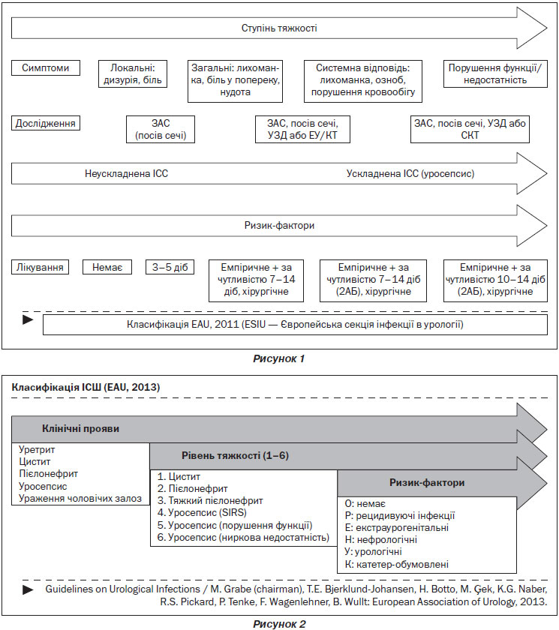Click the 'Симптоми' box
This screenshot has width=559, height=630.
tap(46, 68)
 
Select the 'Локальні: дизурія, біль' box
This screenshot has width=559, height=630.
tap(133, 74)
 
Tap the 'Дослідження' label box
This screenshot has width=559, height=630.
tap(46, 123)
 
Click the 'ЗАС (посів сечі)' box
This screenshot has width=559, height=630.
tap(161, 129)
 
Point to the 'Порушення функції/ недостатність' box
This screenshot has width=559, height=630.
tap(495, 74)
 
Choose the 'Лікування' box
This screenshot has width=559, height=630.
tap(40, 267)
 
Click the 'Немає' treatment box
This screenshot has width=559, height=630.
tap(107, 267)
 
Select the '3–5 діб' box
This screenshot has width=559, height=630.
tap(170, 267)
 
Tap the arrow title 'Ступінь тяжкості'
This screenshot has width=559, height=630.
tap(279, 28)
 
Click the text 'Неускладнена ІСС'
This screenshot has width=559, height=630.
tap(126, 173)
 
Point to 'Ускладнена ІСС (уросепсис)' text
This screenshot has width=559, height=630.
tap(410, 173)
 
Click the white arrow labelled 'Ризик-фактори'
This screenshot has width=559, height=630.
tap(279, 226)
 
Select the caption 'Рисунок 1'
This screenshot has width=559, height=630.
tap(279, 358)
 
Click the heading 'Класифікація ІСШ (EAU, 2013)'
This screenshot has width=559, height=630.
tap(86, 387)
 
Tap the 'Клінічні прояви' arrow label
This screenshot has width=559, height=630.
tap(80, 429)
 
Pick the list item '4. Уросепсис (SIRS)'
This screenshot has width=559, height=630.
tap(202, 513)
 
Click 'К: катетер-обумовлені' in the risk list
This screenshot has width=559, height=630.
tap(397, 564)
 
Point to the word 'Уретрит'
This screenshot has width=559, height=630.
tap(37, 449)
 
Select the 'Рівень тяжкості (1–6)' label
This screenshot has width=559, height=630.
tap(235, 456)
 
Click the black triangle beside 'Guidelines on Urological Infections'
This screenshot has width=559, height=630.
tap(28, 589)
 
